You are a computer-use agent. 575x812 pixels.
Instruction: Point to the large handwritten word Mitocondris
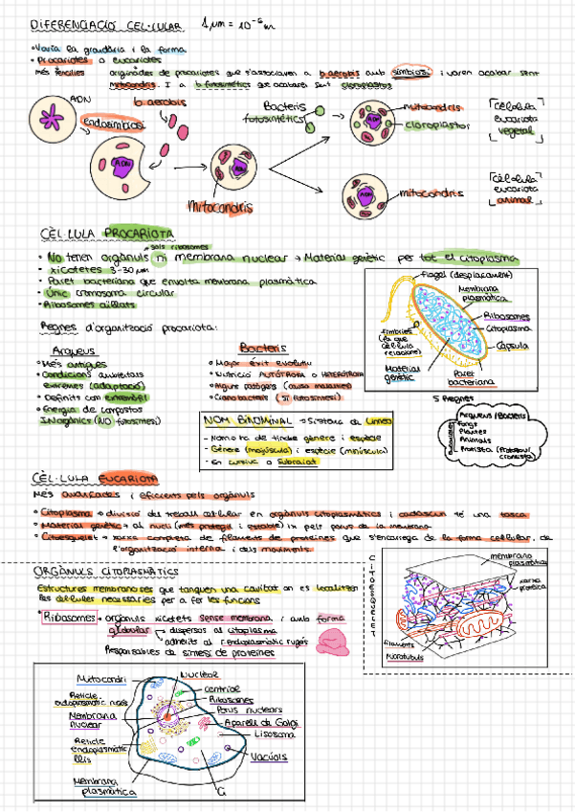tap(221, 206)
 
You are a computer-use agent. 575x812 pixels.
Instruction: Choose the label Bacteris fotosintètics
tap(284, 113)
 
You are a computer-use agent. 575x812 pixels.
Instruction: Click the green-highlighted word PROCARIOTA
tap(140, 233)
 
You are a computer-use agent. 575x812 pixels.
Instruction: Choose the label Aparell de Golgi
tap(265, 721)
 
